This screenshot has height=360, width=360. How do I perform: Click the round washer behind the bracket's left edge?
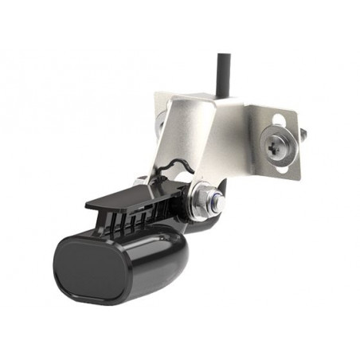click(162, 123)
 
